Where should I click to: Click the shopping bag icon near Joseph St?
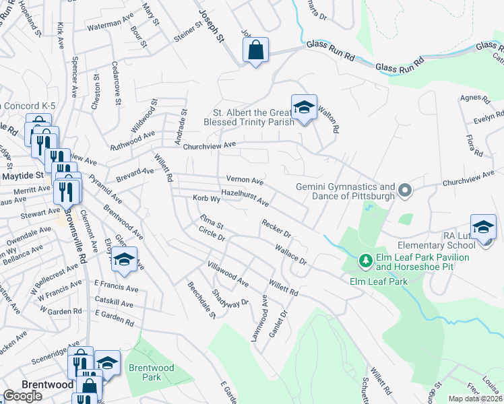click(x=256, y=50)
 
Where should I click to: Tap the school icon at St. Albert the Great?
click(x=304, y=106)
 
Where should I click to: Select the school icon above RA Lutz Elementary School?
click(x=483, y=227)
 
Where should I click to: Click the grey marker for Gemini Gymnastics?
click(x=404, y=191)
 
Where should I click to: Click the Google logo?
click(x=23, y=396)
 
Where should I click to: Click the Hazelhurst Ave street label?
click(x=245, y=198)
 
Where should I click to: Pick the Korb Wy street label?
click(x=207, y=199)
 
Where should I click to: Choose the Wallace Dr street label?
click(x=290, y=255)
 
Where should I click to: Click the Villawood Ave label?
click(x=228, y=273)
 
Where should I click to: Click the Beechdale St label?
click(x=201, y=300)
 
